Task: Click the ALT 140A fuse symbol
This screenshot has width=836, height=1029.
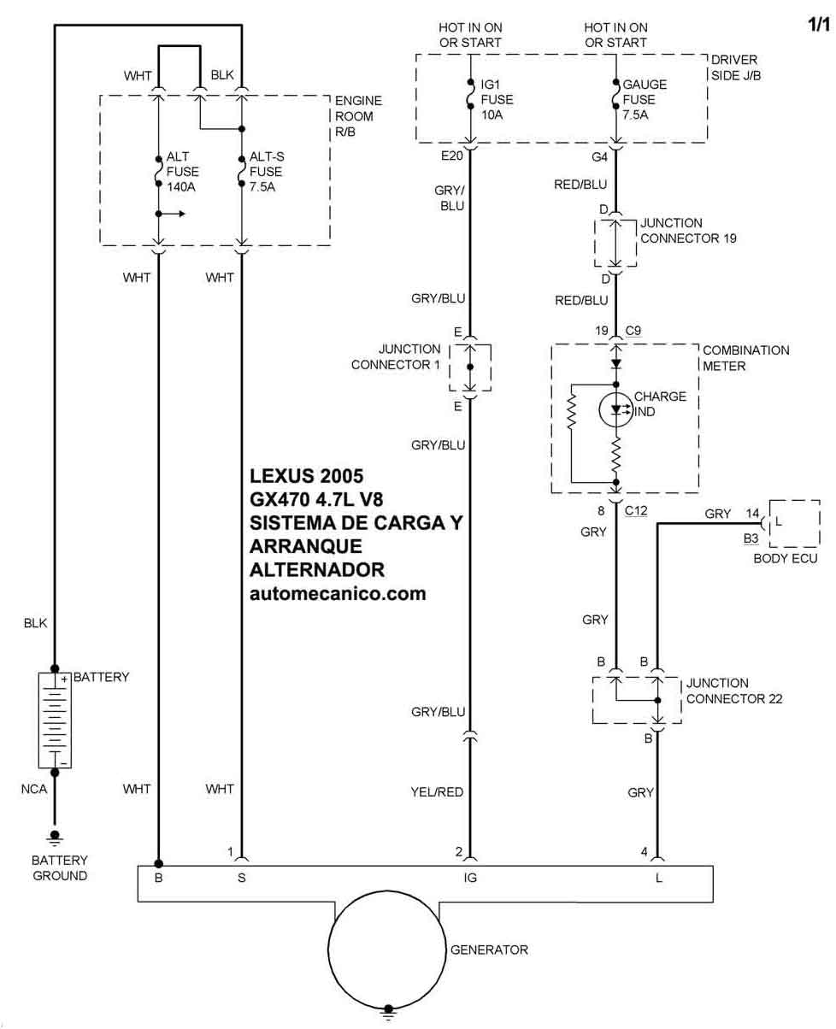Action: [x=158, y=171]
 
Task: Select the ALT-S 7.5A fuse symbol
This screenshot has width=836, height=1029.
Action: [x=241, y=171]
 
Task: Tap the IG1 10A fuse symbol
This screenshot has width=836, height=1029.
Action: [x=470, y=94]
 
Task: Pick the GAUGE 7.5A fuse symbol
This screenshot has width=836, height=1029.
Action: [x=615, y=94]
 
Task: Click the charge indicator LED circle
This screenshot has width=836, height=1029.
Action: [x=615, y=409]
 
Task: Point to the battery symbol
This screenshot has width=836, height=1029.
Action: [x=55, y=720]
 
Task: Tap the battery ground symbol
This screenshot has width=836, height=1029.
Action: [x=55, y=838]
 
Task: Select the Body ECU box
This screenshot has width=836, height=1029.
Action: [x=794, y=523]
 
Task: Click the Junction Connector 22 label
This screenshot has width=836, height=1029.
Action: [x=734, y=691]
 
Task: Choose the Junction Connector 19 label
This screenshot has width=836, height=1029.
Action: [x=688, y=231]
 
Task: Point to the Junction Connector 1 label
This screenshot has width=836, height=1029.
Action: [x=396, y=356]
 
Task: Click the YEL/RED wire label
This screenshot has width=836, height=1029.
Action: [x=437, y=791]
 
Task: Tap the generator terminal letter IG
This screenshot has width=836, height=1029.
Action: [x=470, y=878]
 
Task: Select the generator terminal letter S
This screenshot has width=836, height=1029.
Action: [x=242, y=878]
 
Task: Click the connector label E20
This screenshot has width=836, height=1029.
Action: [x=452, y=156]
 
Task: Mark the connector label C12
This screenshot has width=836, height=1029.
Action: [x=636, y=510]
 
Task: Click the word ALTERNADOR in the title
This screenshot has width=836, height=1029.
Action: [x=317, y=570]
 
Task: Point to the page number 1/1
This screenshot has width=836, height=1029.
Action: [x=819, y=25]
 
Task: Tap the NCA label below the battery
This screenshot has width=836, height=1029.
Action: [x=34, y=789]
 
